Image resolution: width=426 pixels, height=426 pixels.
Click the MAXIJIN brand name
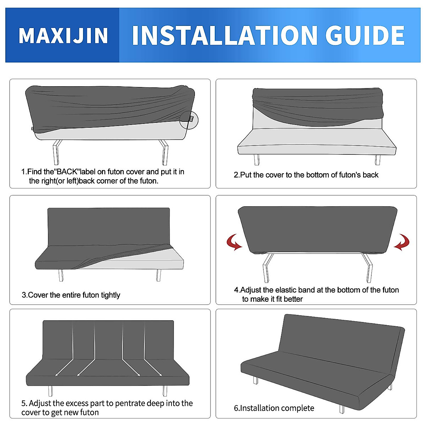click(63, 35)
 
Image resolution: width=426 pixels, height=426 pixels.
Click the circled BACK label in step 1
click(190, 120)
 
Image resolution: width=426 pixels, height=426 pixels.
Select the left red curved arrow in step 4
click(234, 242)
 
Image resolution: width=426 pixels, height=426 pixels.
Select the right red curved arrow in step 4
click(402, 242)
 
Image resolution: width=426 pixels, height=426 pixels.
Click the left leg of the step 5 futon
click(50, 390)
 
